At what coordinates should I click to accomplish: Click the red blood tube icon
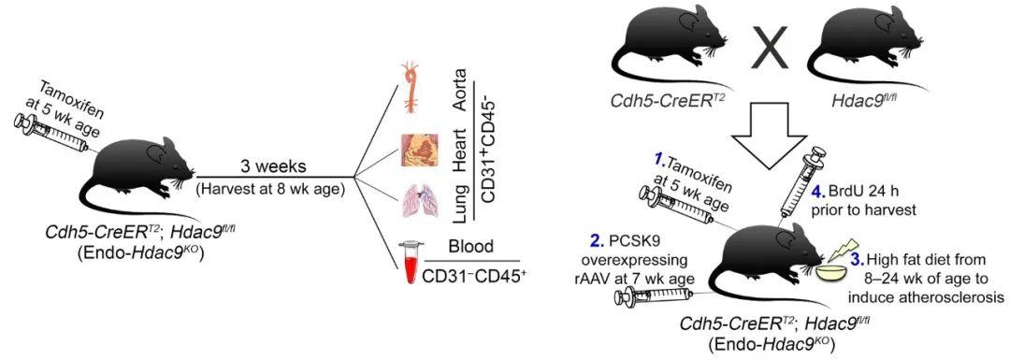coord(405,268)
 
